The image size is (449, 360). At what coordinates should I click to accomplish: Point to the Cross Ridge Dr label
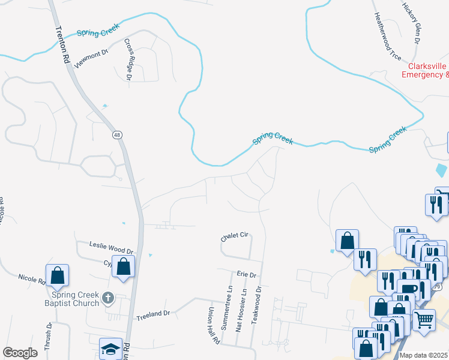[128, 59]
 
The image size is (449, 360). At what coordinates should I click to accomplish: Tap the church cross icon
[107, 298]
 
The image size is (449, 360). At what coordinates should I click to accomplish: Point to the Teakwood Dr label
[258, 305]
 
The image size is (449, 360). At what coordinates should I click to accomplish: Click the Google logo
[20, 353]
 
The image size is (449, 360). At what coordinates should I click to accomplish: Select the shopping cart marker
[424, 320]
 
